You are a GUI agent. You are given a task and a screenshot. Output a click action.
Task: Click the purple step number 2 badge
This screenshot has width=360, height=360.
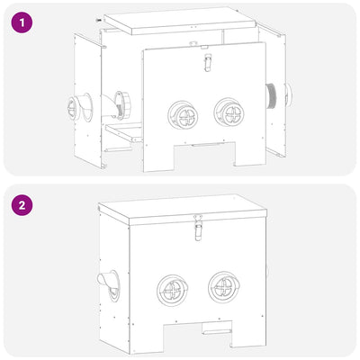click(x=24, y=206)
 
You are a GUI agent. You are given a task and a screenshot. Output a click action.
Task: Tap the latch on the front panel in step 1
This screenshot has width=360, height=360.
click(x=203, y=63)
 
